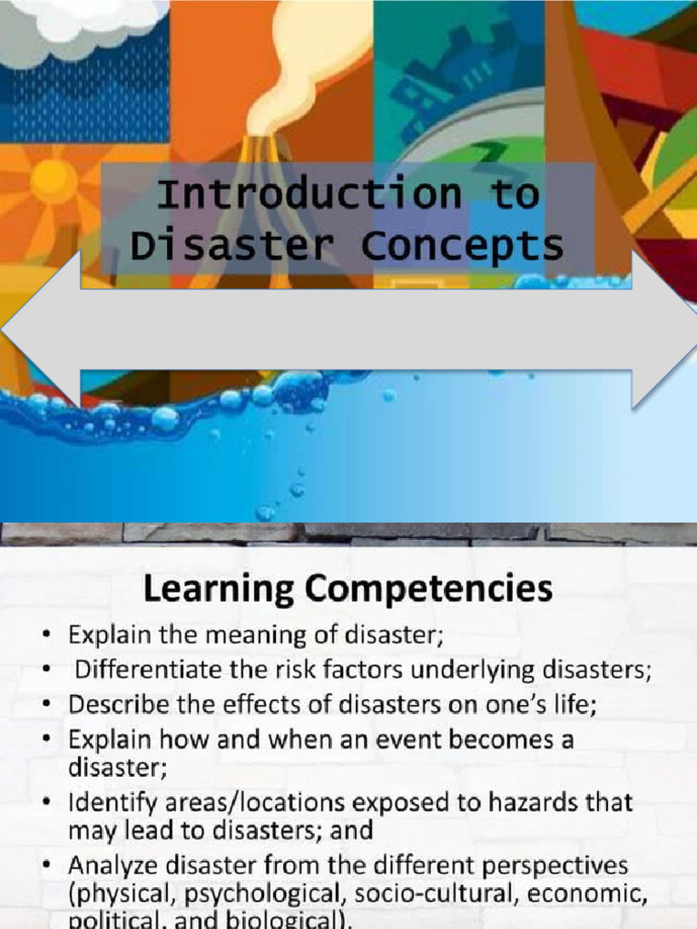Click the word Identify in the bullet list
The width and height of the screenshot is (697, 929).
pyautogui.click(x=106, y=803)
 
